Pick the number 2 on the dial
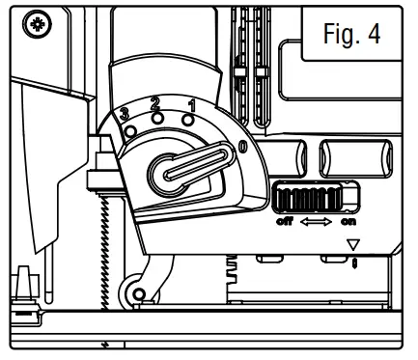pyautogui.click(x=155, y=100)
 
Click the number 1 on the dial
pyautogui.click(x=191, y=103)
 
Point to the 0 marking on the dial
pyautogui.click(x=241, y=147)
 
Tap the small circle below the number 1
pyautogui.click(x=188, y=120)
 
